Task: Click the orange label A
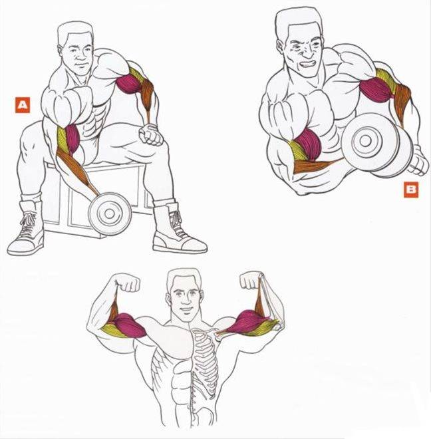[x=23, y=105]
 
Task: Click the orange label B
[x=411, y=190]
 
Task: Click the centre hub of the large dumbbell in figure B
[x=365, y=140]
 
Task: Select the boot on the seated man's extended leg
[x=179, y=227]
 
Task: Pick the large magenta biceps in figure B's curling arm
[x=307, y=143]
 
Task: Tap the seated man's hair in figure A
[x=75, y=32]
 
